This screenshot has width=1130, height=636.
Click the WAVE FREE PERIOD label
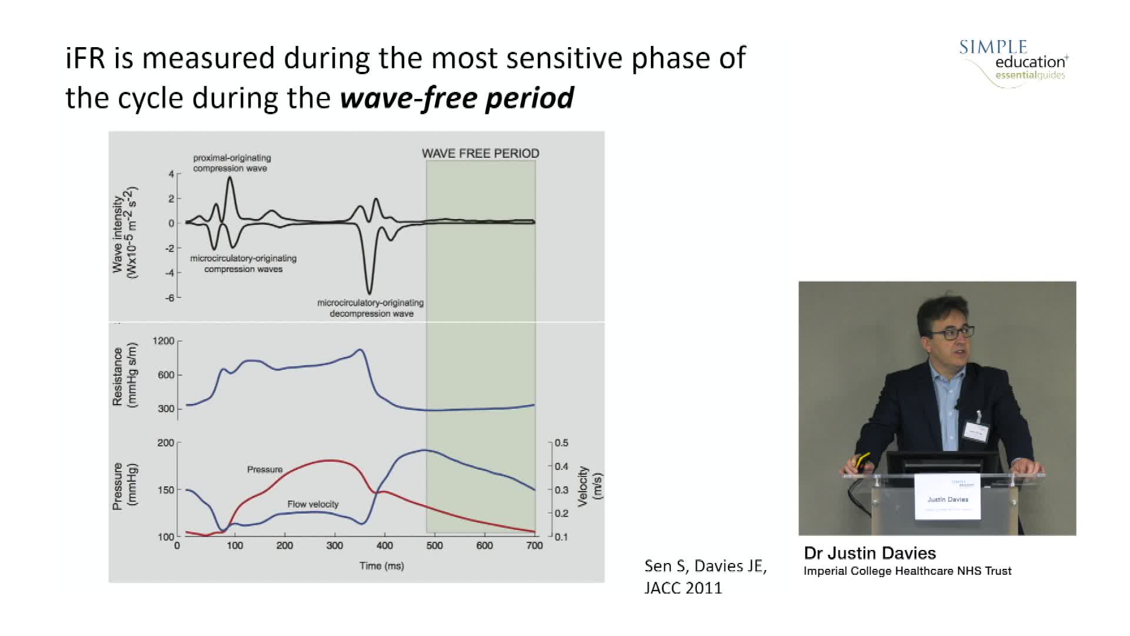[480, 153]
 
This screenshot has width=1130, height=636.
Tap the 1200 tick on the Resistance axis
[164, 341]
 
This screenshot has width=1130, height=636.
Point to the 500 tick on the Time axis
[434, 546]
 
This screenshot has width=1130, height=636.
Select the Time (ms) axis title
[381, 566]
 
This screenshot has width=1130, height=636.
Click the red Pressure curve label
[264, 469]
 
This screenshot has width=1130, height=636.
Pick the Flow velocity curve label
[313, 504]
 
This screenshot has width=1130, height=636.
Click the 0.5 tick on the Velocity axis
[561, 443]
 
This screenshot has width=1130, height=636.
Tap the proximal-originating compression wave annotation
[232, 163]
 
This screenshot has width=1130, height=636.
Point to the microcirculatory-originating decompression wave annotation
[370, 308]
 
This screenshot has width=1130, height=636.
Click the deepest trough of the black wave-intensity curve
[369, 293]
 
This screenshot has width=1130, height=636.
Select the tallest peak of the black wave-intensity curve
[230, 177]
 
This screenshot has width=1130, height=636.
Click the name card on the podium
[948, 498]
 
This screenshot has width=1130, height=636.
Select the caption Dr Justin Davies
[869, 553]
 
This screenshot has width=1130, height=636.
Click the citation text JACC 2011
[683, 588]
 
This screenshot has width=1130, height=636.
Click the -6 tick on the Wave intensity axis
[169, 297]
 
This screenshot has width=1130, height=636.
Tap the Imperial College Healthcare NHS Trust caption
[907, 571]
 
